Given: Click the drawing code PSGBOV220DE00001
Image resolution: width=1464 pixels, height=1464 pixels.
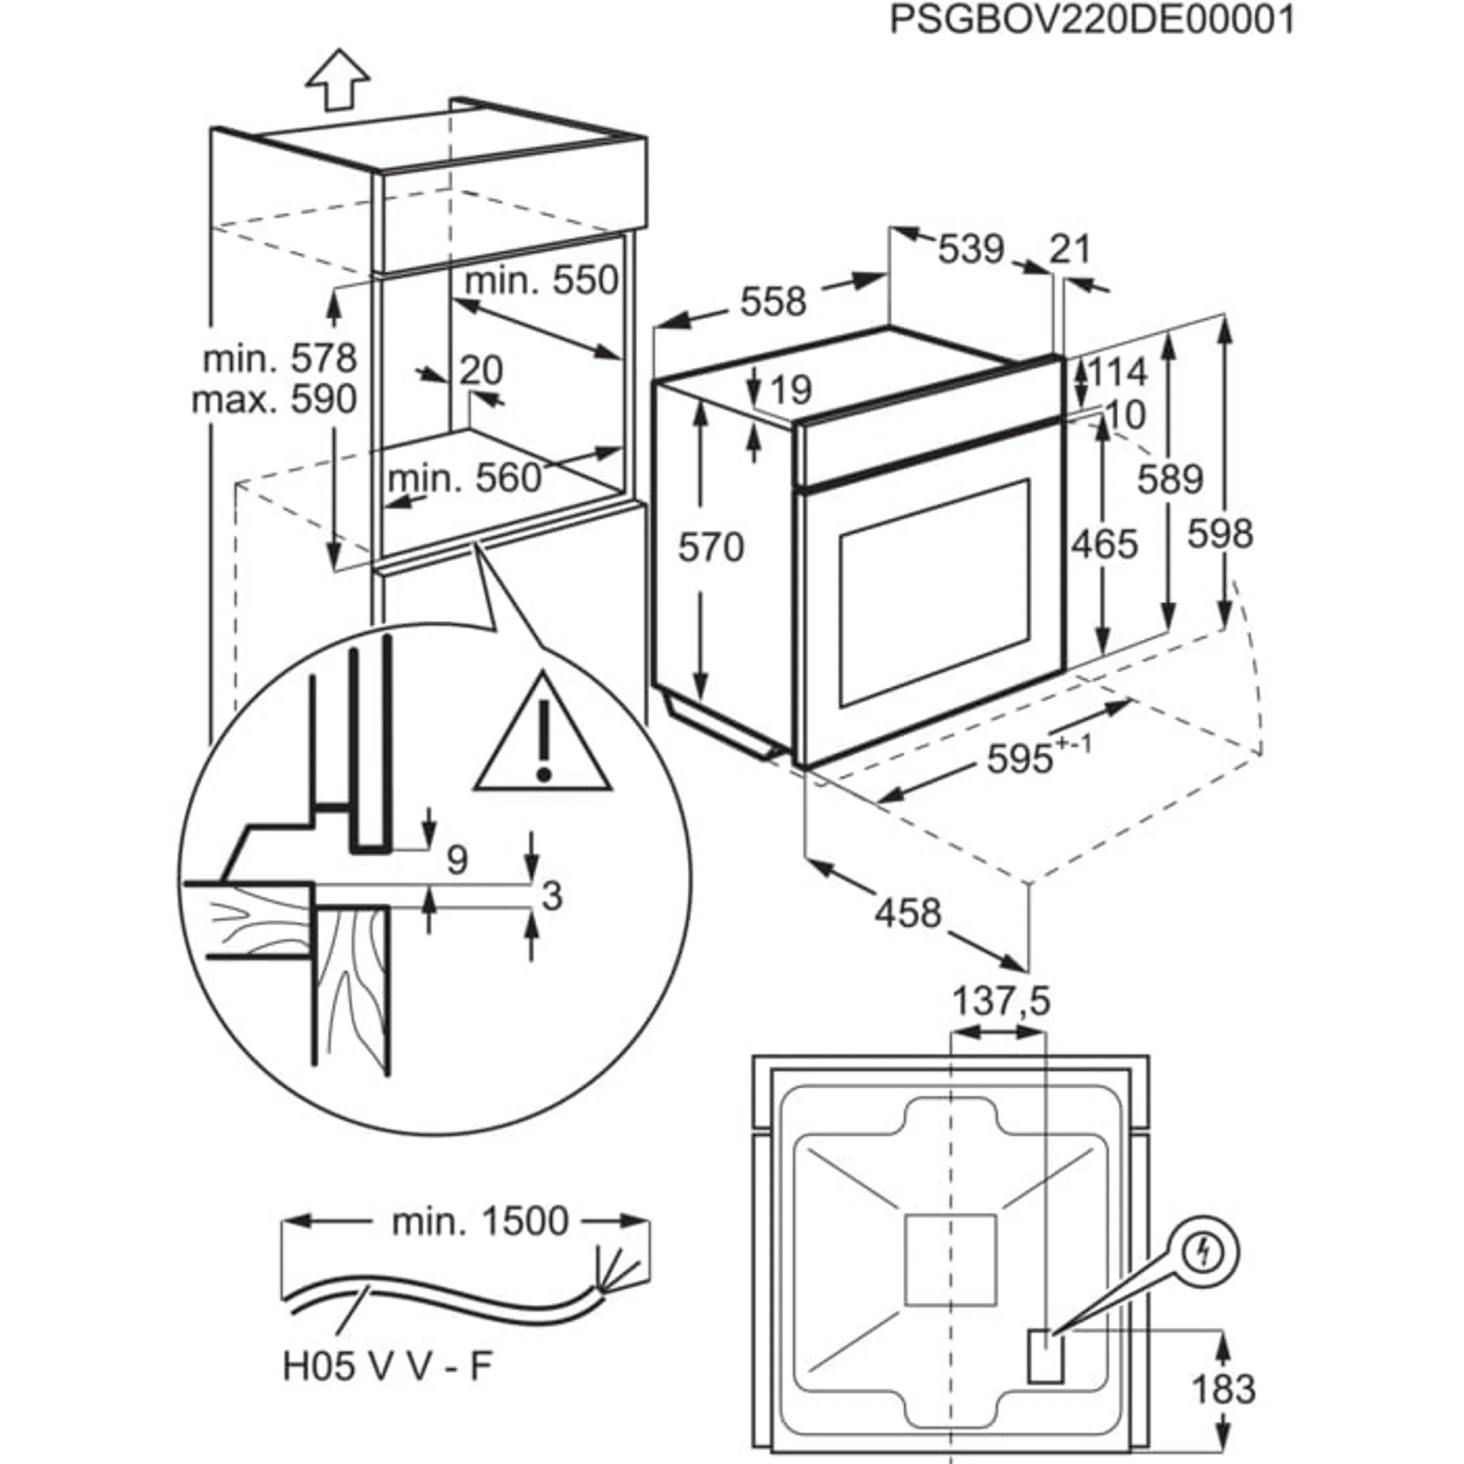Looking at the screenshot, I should tap(1092, 20).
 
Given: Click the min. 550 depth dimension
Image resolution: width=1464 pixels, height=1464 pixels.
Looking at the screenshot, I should tap(541, 281).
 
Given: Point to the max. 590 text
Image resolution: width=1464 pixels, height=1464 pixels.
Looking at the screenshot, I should tap(274, 399).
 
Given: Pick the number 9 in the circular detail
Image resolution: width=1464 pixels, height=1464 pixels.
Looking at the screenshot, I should tap(457, 860).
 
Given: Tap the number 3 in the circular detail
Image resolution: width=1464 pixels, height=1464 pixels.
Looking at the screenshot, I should tap(552, 897).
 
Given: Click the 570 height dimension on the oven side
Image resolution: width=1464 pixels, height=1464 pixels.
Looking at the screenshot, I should tap(710, 547).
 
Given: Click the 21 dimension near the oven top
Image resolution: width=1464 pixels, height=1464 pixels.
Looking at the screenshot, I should tap(1070, 249).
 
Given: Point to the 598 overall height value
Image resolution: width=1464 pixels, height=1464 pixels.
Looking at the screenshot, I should tap(1220, 534).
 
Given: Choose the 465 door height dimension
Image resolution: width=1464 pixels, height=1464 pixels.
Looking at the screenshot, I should tap(1104, 545).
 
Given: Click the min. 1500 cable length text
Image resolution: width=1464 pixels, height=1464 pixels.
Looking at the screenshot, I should tap(480, 1222).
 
